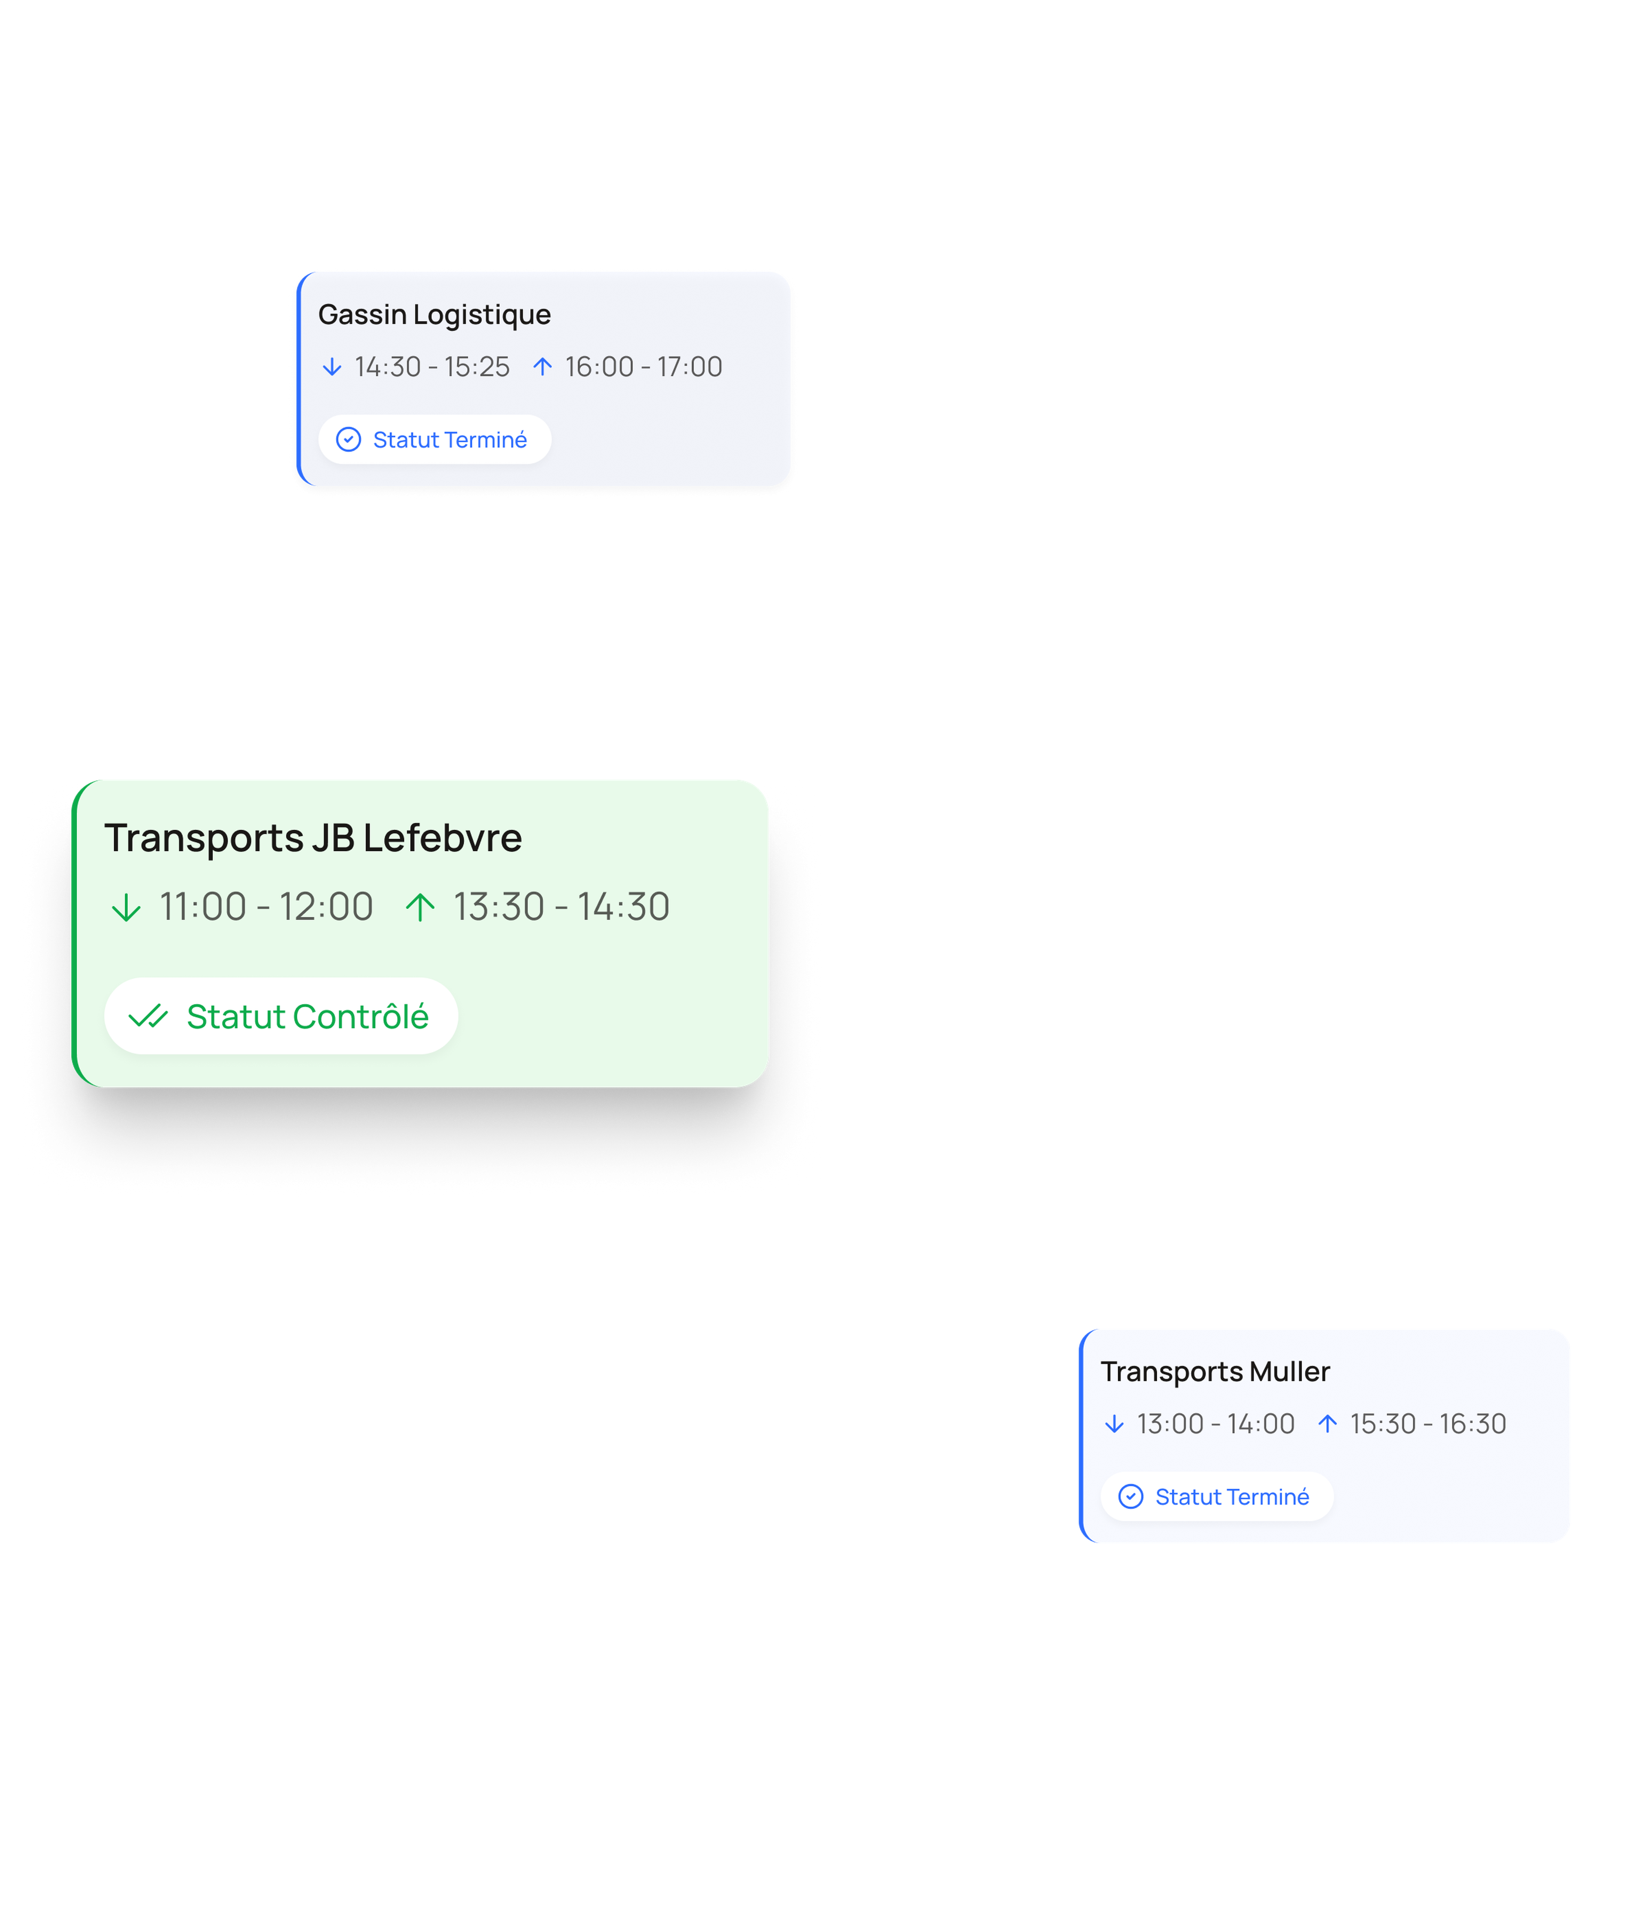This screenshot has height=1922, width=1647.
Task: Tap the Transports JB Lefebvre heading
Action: click(x=313, y=837)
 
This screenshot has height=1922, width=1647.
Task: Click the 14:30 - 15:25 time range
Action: click(x=432, y=367)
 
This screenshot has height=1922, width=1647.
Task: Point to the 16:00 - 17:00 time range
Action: click(x=644, y=367)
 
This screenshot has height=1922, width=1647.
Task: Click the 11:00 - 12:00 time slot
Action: click(x=266, y=906)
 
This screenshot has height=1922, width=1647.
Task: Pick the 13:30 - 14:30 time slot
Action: click(x=561, y=906)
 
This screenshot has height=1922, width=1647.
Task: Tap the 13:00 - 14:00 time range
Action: click(x=1216, y=1424)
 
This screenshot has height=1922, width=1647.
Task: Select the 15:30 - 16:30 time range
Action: click(x=1428, y=1424)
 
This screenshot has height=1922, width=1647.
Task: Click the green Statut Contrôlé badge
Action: click(x=281, y=1016)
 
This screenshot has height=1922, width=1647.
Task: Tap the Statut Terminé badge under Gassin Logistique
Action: click(x=435, y=440)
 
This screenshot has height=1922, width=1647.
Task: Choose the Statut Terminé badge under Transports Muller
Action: click(x=1217, y=1496)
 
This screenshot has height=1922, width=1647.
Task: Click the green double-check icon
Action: click(x=148, y=1017)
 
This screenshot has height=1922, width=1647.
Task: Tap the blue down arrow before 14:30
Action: click(x=332, y=367)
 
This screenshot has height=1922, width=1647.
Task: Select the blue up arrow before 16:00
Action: click(x=543, y=367)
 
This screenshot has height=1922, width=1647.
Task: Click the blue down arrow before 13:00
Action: click(x=1115, y=1424)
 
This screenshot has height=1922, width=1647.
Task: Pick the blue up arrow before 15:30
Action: click(x=1328, y=1424)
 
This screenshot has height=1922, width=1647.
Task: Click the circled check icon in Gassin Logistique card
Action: click(x=349, y=440)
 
